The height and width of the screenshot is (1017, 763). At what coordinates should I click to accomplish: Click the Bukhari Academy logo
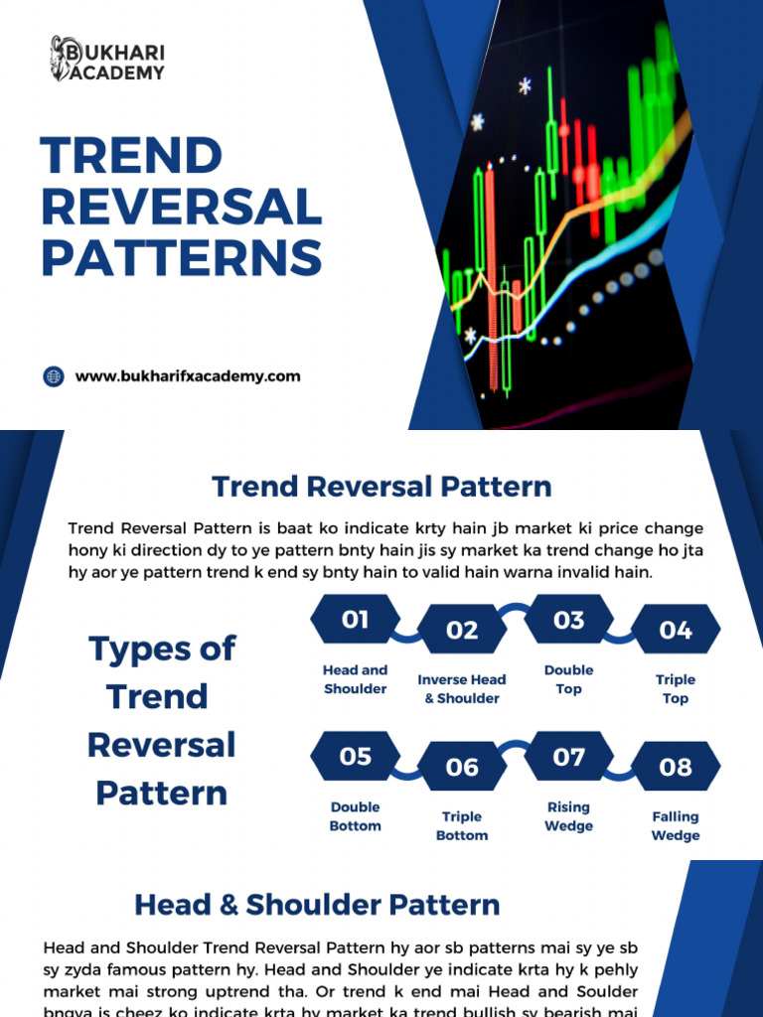point(107,59)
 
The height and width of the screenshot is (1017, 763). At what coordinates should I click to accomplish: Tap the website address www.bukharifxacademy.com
point(188,376)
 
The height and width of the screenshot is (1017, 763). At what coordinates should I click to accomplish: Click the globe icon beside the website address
point(54,376)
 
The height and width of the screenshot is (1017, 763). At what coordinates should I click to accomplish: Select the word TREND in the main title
point(131,157)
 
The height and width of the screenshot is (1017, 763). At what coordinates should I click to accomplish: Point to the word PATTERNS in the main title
point(182,257)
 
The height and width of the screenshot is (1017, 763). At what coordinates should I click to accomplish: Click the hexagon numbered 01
point(355,620)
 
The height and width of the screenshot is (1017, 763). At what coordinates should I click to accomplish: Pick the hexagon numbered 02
point(462,630)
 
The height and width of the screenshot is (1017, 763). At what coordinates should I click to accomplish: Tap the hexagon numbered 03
point(568,620)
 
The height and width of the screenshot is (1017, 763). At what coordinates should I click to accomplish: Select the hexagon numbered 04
point(676,630)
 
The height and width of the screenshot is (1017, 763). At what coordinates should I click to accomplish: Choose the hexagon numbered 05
point(355,757)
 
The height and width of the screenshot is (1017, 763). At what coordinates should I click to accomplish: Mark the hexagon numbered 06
point(462,767)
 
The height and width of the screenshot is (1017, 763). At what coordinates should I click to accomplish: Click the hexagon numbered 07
point(568,757)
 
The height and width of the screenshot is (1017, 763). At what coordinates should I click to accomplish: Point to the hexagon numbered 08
point(676,767)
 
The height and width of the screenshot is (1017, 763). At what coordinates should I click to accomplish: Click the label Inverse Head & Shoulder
point(462,689)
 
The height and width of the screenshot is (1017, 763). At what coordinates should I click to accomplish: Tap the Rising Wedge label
point(568,816)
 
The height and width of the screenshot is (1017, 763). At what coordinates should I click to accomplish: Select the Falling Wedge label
point(676,826)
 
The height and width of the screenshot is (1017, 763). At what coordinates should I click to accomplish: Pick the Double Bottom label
point(355,816)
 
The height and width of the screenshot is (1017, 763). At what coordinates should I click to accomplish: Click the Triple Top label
point(676,689)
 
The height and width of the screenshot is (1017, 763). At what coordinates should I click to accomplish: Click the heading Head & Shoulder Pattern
point(317,905)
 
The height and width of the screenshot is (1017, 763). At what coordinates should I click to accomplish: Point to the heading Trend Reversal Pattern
point(381,487)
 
